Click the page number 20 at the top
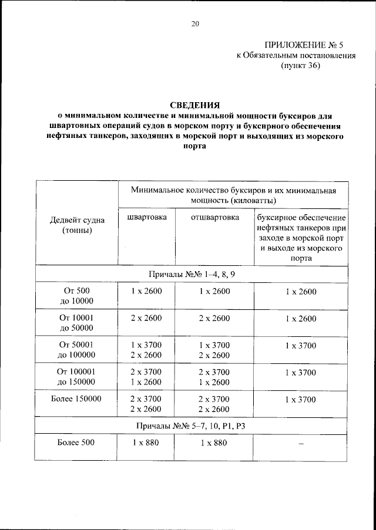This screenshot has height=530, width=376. (x=195, y=23)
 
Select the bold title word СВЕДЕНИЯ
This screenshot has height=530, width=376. (x=194, y=105)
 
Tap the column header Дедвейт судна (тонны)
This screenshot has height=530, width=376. (x=77, y=225)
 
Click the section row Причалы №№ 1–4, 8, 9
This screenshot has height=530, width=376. (x=194, y=274)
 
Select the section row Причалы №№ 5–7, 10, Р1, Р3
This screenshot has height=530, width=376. (x=194, y=424)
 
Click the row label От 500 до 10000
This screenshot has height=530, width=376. (x=77, y=296)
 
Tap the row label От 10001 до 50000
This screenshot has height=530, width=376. (x=77, y=323)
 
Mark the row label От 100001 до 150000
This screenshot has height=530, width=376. (x=77, y=377)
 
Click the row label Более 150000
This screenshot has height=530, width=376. (x=77, y=399)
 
